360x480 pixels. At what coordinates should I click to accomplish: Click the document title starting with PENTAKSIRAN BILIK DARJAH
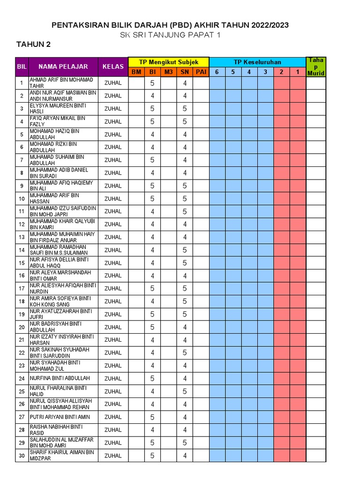point(170,25)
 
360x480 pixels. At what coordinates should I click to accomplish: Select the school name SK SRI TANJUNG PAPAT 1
point(170,35)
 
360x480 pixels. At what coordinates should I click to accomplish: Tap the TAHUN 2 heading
point(34,45)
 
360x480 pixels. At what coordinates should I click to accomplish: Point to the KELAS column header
point(113,67)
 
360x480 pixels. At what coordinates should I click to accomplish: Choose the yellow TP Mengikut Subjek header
point(168,62)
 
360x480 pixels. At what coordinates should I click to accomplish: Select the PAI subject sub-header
point(201,72)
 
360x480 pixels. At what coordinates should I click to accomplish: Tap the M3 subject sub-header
point(168,72)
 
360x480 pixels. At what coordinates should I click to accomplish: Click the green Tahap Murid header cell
point(315,67)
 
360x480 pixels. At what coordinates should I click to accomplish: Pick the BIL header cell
point(22,67)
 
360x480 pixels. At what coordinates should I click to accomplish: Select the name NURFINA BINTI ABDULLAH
point(60,378)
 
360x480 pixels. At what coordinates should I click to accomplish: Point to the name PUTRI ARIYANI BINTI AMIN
point(60,417)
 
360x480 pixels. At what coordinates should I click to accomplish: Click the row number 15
point(22,262)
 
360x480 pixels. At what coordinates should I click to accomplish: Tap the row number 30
point(22,455)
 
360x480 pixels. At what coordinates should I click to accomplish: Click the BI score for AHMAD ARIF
point(152,83)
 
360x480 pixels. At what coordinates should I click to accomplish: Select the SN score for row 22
point(185,352)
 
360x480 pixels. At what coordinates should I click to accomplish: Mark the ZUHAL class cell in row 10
point(113,198)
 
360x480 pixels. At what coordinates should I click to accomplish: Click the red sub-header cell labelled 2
point(282,72)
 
